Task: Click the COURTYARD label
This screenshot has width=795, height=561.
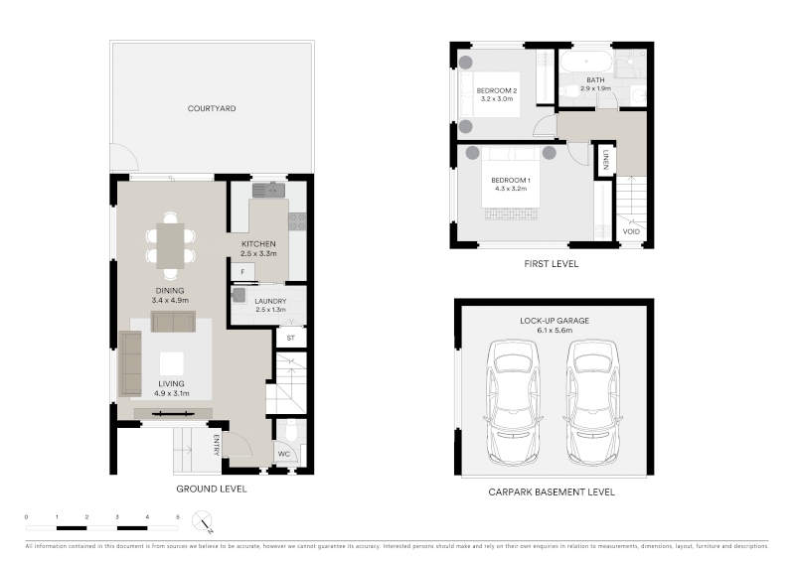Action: (212, 108)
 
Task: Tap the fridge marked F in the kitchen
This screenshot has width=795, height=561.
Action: (242, 272)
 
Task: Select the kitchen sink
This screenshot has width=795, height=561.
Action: (268, 190)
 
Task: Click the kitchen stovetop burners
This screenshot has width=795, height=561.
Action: (297, 221)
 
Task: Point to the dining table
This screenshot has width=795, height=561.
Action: (170, 246)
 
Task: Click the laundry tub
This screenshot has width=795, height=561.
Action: (238, 295)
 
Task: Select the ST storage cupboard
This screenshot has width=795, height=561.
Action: (291, 338)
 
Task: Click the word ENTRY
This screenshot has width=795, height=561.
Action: (217, 445)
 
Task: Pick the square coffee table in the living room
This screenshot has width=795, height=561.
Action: (171, 363)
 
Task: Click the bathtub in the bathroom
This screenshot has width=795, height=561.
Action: (586, 62)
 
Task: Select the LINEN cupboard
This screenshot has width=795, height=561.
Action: (605, 160)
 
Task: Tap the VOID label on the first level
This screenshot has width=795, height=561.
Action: (631, 231)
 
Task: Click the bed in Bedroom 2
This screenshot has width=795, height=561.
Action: (490, 94)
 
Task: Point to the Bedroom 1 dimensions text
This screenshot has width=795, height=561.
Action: (511, 189)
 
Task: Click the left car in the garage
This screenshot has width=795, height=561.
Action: (512, 403)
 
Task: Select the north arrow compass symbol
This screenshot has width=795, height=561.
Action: (203, 521)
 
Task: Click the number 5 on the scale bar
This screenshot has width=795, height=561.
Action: (178, 517)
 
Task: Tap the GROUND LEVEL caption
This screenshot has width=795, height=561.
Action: (212, 490)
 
